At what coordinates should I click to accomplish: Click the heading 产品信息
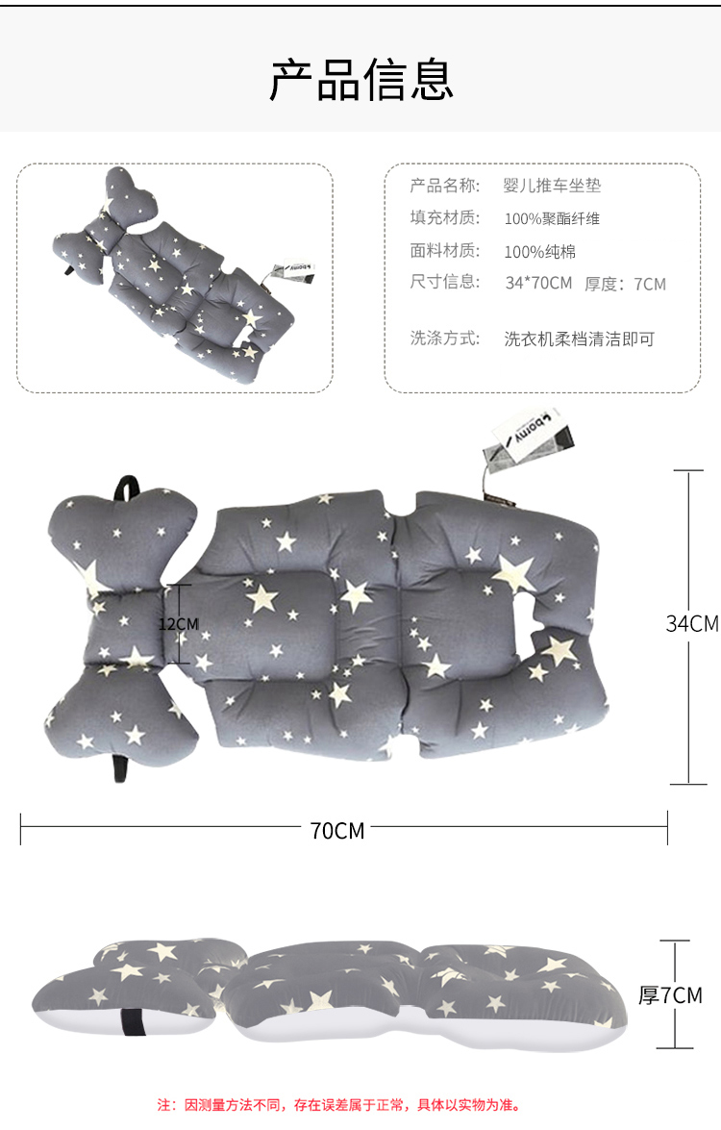pyautogui.click(x=360, y=81)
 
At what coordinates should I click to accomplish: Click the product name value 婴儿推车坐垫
pyautogui.click(x=552, y=186)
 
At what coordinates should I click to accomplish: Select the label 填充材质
pyautogui.click(x=444, y=217)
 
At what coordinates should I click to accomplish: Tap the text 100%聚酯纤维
pyautogui.click(x=552, y=218)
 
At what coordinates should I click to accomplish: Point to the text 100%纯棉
pyautogui.click(x=539, y=252)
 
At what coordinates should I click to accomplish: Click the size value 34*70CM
pyautogui.click(x=537, y=283)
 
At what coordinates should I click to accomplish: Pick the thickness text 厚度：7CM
pyautogui.click(x=625, y=284)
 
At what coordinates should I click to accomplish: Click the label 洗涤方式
pyautogui.click(x=444, y=338)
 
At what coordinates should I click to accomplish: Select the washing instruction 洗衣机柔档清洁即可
pyautogui.click(x=579, y=339)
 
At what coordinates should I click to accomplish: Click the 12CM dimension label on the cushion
pyautogui.click(x=178, y=624)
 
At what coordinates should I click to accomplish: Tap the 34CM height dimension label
pyautogui.click(x=691, y=623)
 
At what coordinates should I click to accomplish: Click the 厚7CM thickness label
pyautogui.click(x=670, y=995)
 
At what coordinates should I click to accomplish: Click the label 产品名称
pyautogui.click(x=444, y=186)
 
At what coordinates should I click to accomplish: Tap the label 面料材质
pyautogui.click(x=444, y=251)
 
